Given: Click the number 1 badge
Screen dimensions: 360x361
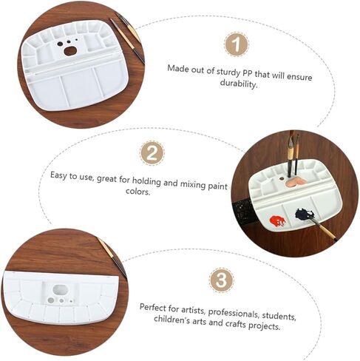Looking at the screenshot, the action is pos(236,44).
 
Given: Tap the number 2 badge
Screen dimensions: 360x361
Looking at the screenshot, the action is pos(152,153).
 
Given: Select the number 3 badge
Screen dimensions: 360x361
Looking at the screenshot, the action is pos(221,280).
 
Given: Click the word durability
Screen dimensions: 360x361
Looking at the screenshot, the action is pos(239,84).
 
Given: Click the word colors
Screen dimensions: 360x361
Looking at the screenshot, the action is pos(137,192).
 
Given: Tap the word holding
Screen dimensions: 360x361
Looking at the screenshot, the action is pos(146,181).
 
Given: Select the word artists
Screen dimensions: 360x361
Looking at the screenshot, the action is pos(193,310).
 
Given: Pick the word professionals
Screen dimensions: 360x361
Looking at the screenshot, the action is pos(234,313).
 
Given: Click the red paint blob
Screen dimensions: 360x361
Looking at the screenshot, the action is pos(277,220).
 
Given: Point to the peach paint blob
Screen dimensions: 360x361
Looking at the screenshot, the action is pos(296,183).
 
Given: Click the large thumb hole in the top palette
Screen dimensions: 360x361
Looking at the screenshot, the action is pos(70,51).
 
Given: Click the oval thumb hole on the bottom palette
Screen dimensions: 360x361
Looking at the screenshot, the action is pos(61,290).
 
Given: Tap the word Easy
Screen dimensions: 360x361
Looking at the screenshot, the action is pos(58,176).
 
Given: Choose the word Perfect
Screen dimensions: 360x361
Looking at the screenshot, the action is pos(153,307).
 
